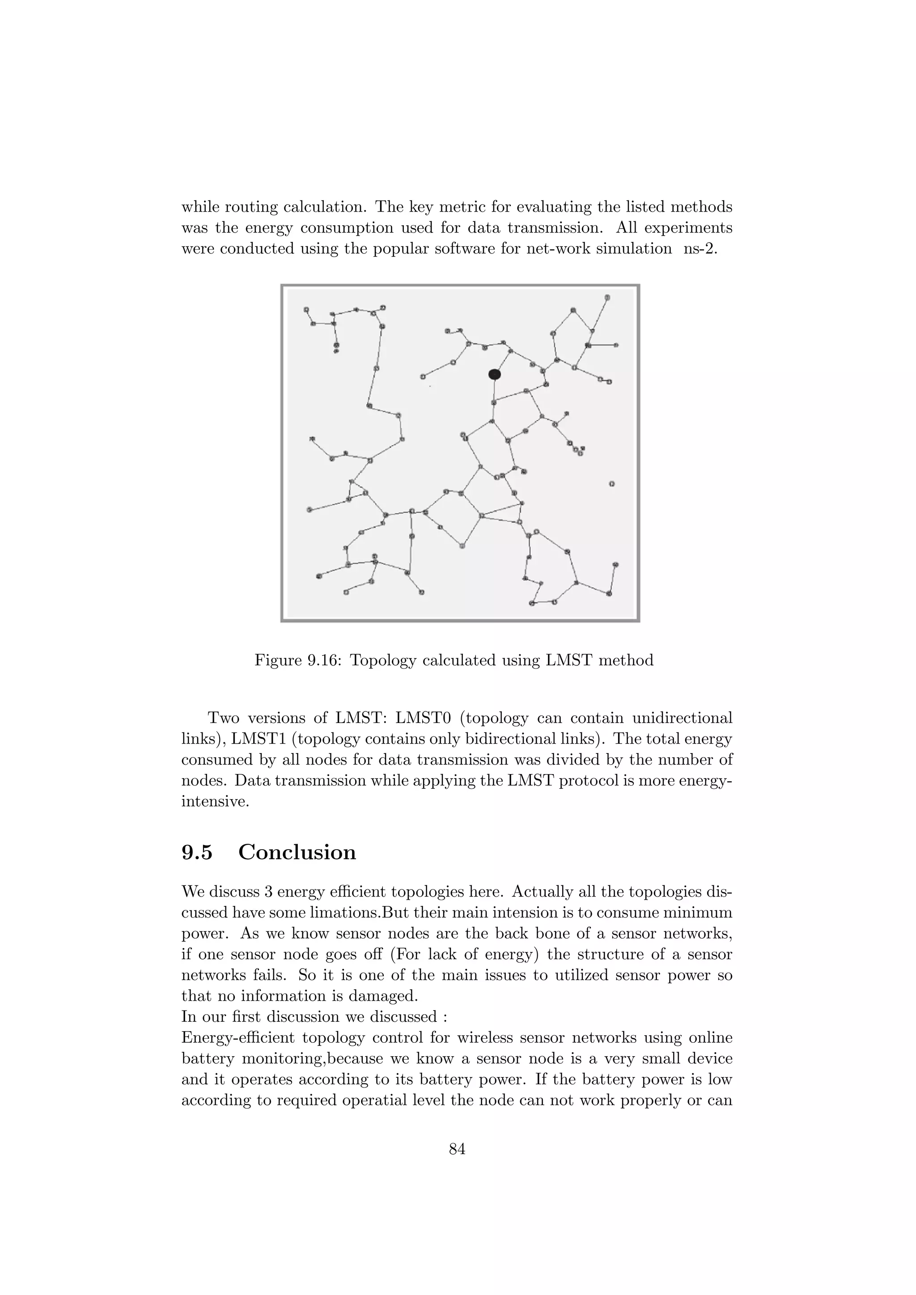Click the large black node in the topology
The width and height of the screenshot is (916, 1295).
(x=495, y=374)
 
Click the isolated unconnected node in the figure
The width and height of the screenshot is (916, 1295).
(x=612, y=483)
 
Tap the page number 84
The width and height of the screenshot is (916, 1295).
(x=458, y=1148)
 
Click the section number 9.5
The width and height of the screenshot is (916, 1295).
(x=197, y=852)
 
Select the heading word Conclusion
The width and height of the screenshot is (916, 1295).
(x=297, y=852)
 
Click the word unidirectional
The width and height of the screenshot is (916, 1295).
(x=683, y=718)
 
